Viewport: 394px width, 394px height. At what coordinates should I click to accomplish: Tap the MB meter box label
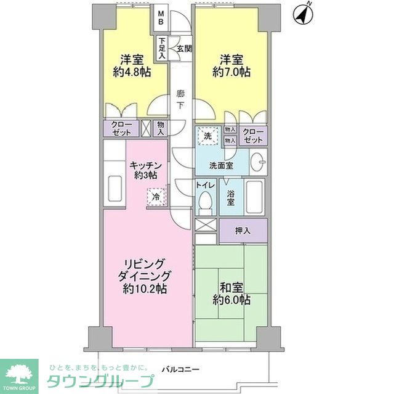click(161, 17)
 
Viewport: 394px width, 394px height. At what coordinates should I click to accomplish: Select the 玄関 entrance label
click(185, 49)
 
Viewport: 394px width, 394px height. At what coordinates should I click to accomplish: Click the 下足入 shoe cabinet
click(162, 48)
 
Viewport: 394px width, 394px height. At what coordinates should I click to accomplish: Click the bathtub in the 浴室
click(254, 197)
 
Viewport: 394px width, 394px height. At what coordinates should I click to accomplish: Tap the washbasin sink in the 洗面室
click(259, 162)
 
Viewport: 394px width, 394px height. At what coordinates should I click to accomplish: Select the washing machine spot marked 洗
click(208, 136)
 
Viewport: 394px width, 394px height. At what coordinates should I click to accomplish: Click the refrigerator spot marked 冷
click(156, 197)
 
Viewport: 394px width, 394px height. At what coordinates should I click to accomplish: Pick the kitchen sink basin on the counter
click(115, 189)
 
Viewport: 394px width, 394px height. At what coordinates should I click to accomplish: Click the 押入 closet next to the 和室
click(243, 230)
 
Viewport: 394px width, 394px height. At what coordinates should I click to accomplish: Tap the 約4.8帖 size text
click(132, 73)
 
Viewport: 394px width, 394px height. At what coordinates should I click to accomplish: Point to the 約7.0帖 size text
click(231, 73)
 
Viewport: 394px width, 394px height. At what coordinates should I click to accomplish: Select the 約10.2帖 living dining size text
click(145, 289)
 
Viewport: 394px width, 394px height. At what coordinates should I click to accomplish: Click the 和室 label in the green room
click(231, 287)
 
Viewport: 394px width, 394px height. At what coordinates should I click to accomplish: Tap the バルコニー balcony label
click(180, 369)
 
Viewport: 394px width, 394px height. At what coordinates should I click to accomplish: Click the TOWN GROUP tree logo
click(19, 376)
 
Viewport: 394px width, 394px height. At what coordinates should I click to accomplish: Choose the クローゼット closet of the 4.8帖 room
click(121, 128)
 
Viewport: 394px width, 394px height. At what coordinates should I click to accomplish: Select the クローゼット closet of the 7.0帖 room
click(253, 136)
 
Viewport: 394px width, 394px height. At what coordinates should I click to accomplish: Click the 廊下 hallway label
click(180, 100)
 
